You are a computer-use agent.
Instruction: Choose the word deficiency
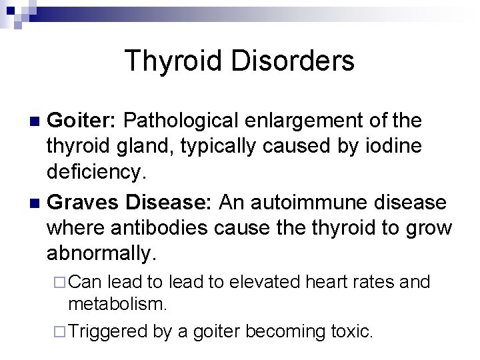click(95, 173)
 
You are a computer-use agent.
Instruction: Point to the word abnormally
click(103, 254)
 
